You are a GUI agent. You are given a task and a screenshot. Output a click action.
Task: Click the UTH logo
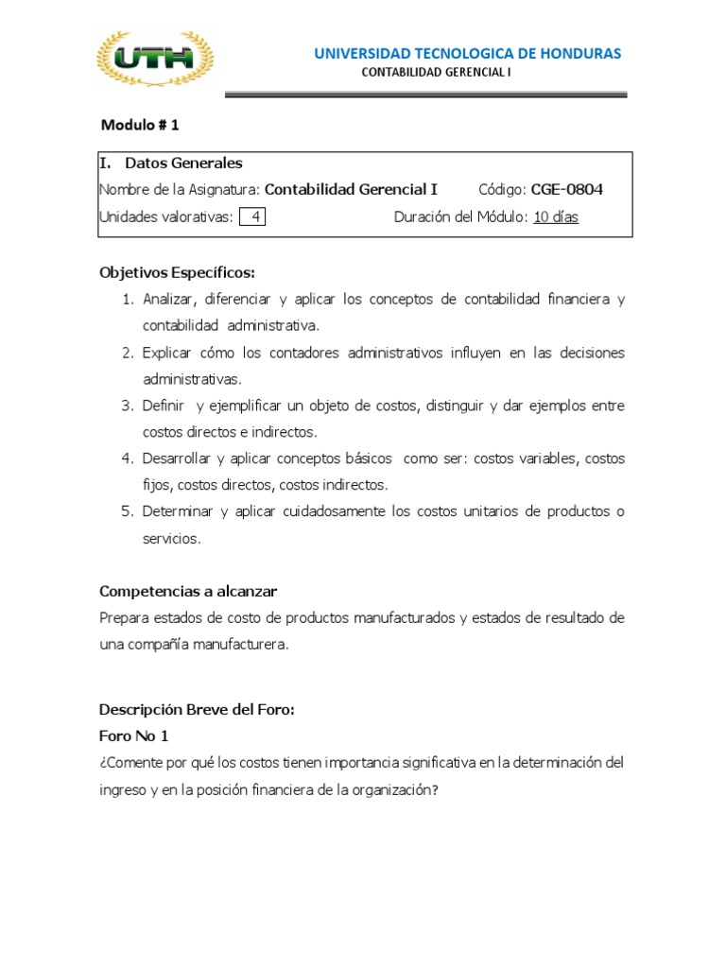click(x=156, y=60)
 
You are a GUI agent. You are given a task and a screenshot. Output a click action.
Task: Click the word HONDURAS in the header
click(x=579, y=53)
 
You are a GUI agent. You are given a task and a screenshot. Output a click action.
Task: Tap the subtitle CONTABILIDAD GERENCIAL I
click(x=437, y=73)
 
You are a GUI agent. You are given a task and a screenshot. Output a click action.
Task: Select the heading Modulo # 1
click(x=140, y=125)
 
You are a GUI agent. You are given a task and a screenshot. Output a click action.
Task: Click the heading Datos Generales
click(x=183, y=163)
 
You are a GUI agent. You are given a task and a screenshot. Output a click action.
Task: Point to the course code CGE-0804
click(x=567, y=189)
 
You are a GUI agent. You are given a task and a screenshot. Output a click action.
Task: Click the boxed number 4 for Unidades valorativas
click(x=252, y=216)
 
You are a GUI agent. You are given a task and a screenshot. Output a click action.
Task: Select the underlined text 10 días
click(x=556, y=216)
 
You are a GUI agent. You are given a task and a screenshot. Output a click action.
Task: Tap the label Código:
click(x=503, y=189)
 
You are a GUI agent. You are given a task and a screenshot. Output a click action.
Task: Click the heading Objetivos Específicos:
click(x=178, y=272)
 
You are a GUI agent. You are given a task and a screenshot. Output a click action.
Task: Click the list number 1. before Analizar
click(x=128, y=299)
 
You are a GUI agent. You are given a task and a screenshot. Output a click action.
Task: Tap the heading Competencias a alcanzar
click(x=188, y=591)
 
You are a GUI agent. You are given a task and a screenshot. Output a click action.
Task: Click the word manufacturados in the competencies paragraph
click(x=405, y=617)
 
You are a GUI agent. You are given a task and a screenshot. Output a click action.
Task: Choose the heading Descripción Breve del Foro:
click(x=198, y=710)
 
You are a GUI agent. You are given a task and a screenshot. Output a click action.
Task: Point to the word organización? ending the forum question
click(x=389, y=788)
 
